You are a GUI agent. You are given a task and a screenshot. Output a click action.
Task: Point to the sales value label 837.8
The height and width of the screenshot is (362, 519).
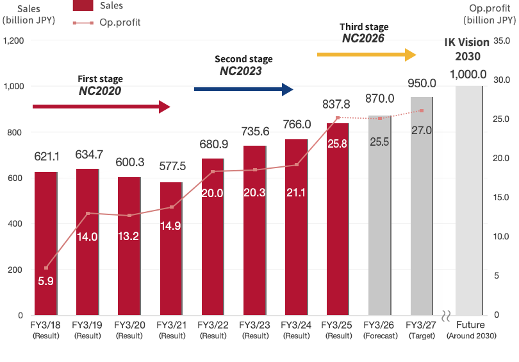[x=337, y=104]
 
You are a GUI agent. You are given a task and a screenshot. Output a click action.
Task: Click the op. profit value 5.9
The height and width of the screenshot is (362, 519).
[x=45, y=280]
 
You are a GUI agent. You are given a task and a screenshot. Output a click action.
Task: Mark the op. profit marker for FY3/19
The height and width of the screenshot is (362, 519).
[x=88, y=213]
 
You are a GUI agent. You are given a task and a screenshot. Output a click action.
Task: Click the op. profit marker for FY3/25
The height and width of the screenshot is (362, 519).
[x=338, y=118]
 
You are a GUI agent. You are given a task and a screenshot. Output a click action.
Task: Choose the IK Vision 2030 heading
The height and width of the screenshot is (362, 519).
[x=468, y=49]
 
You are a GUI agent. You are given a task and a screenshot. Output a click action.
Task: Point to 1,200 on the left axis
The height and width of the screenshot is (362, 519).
[x=13, y=40]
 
